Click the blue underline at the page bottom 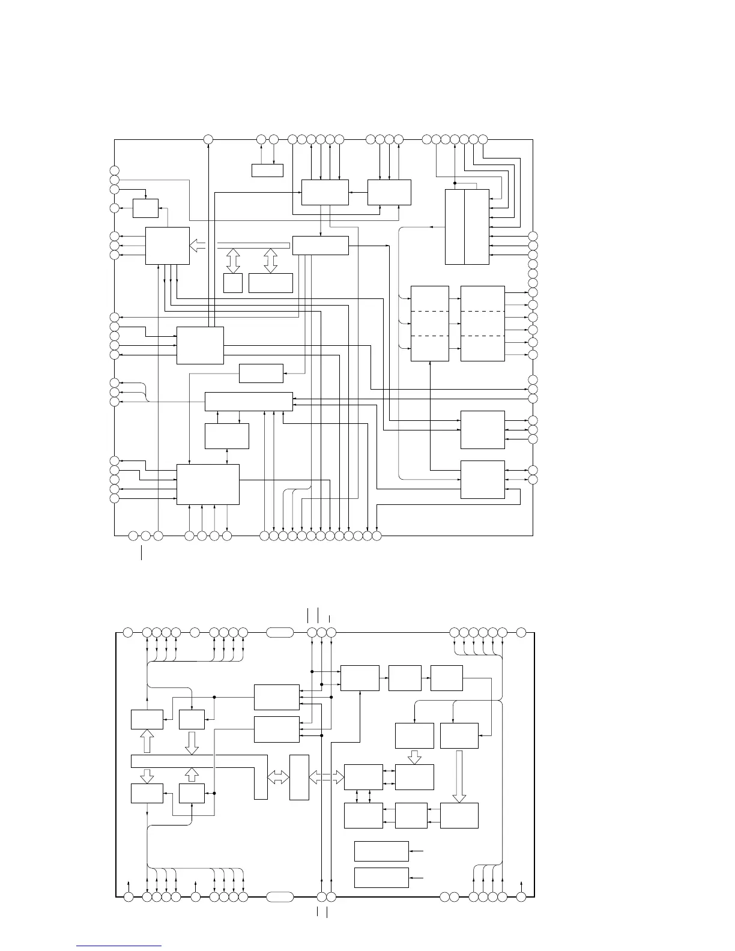[119, 946]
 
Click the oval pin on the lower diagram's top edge [279, 632]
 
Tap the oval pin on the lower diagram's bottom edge [279, 897]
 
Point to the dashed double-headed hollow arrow [326, 777]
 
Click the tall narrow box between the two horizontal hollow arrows [299, 777]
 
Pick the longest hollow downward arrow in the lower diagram [459, 775]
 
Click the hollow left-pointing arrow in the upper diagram [197, 246]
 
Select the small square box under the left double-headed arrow [232, 283]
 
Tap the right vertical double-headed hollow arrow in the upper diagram [271, 260]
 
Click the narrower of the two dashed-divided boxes [429, 324]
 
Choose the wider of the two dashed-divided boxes [482, 324]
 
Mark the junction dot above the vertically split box [455, 183]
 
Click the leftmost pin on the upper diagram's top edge [208, 139]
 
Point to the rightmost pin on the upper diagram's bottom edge [377, 535]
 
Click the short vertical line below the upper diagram [142, 552]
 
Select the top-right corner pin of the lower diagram [521, 632]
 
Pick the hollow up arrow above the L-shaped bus [147, 741]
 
